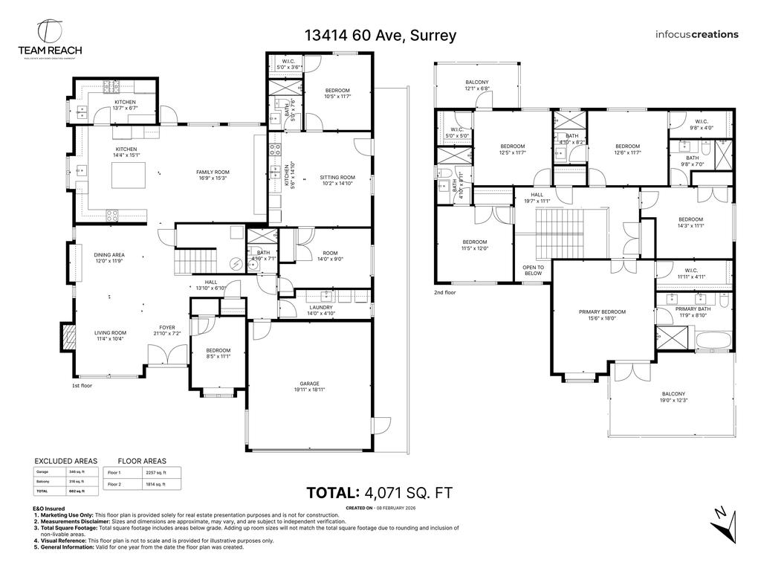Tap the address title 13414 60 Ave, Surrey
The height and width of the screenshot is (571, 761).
tap(380, 35)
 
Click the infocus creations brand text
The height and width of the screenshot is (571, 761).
tap(696, 34)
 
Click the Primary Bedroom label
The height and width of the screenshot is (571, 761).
tap(603, 314)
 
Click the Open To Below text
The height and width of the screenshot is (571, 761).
tap(533, 270)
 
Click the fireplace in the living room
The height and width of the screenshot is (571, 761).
tap(69, 338)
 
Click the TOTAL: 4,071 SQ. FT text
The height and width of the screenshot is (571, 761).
tap(380, 492)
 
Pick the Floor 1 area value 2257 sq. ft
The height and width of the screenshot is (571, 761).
tap(155, 473)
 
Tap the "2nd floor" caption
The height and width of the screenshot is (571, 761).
tap(444, 293)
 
